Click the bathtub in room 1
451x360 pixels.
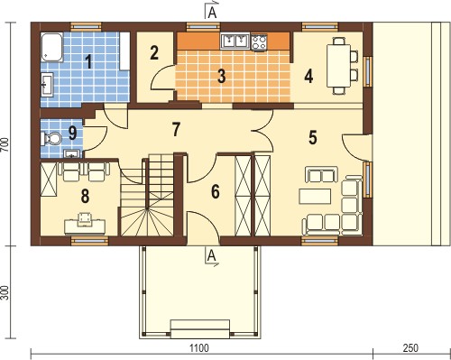tap(51, 48)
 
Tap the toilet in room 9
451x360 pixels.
tap(51, 139)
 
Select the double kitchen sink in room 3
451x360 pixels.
tap(235, 41)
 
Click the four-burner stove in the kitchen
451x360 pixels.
tap(259, 42)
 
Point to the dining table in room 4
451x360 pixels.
tap(339, 65)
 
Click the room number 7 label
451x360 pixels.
tap(176, 129)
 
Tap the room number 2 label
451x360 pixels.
tap(154, 52)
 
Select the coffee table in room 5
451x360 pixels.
tap(315, 197)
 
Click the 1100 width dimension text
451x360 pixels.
tap(198, 348)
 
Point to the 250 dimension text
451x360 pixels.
tap(410, 348)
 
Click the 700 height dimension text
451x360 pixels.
tap(5, 145)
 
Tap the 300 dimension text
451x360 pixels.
tap(5, 292)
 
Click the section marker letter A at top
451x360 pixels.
tap(212, 13)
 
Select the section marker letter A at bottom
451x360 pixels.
tap(212, 256)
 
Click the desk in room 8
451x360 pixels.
tap(85, 226)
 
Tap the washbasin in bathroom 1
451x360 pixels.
tap(47, 85)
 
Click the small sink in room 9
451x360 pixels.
tap(72, 154)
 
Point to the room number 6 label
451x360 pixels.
tap(216, 191)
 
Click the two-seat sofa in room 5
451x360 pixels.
tap(321, 175)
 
